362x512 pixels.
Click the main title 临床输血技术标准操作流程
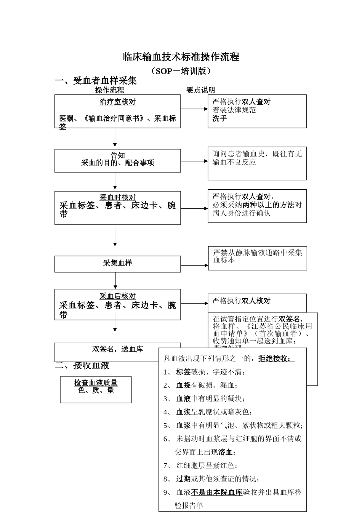coord(181,57)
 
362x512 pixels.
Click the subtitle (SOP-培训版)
coord(181,71)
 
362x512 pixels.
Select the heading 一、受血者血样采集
coord(96,81)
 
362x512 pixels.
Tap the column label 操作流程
coord(110,90)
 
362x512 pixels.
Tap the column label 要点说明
coord(201,90)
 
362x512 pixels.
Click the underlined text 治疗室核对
coord(118,102)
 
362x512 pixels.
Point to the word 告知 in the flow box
coord(118,155)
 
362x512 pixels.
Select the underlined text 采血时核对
coord(118,197)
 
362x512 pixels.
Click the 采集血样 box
coord(118,263)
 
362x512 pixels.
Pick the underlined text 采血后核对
coord(118,296)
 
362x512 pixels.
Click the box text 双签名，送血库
coord(118,349)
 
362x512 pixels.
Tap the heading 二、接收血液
coord(82,366)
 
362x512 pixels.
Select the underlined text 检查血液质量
coord(96,383)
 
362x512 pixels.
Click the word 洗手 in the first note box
coord(220,118)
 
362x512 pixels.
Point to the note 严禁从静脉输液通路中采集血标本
coord(257,256)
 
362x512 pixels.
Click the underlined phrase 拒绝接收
coord(276,358)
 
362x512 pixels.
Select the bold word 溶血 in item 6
coord(225,452)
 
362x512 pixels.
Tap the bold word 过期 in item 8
coord(183,479)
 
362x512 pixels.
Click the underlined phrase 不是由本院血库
coord(217,492)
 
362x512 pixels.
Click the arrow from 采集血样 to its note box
coord(194,266)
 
